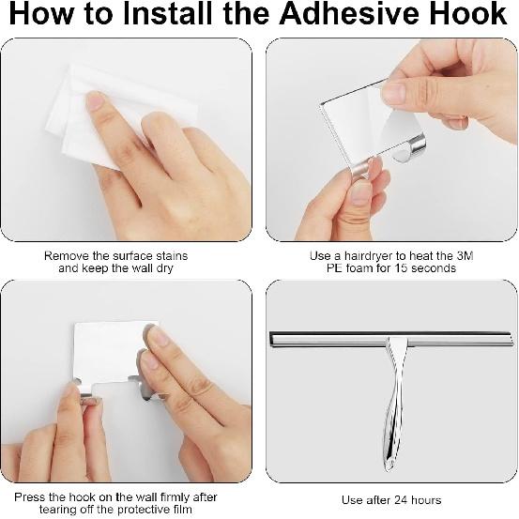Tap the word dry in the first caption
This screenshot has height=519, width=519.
[x=164, y=268]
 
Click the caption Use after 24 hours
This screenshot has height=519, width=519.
[x=390, y=499]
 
